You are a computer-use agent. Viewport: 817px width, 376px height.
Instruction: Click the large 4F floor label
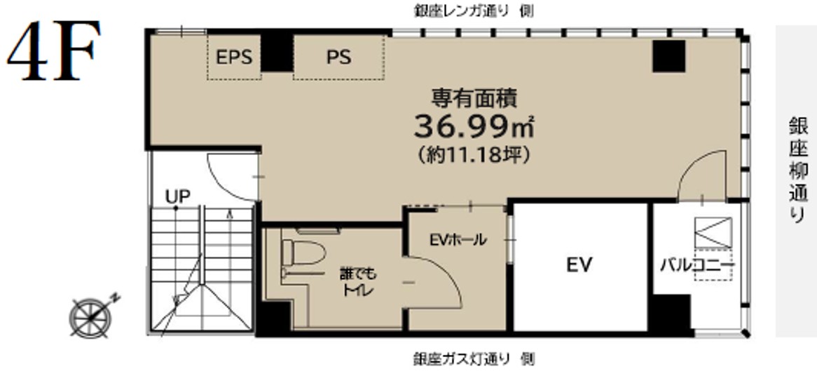coord(54,51)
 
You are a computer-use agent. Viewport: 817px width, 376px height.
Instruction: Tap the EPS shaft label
coord(235,57)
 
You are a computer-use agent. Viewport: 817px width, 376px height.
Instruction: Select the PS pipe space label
coord(338,57)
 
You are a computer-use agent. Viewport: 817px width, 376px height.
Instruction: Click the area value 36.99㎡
coord(474,127)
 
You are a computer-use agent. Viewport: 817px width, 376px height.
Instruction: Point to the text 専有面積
coord(474,98)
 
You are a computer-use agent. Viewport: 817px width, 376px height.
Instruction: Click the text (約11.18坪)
coord(474,155)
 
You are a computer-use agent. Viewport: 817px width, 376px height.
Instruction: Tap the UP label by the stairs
coord(178,196)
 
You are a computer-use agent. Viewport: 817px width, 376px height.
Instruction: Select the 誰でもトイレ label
coord(358,281)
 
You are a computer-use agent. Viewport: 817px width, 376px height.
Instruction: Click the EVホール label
coord(458,240)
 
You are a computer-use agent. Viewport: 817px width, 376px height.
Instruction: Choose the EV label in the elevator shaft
coord(579,265)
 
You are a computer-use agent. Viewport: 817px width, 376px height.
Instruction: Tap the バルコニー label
coord(698,265)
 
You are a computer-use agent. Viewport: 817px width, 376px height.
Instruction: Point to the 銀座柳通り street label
coord(797,172)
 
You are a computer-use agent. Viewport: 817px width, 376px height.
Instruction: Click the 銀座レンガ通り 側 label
coord(474,11)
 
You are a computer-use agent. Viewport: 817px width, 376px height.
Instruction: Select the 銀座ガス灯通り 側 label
coord(474,358)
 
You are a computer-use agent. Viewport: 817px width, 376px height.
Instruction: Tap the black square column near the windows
coord(669,56)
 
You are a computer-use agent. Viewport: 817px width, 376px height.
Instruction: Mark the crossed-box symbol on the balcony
coord(713,233)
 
